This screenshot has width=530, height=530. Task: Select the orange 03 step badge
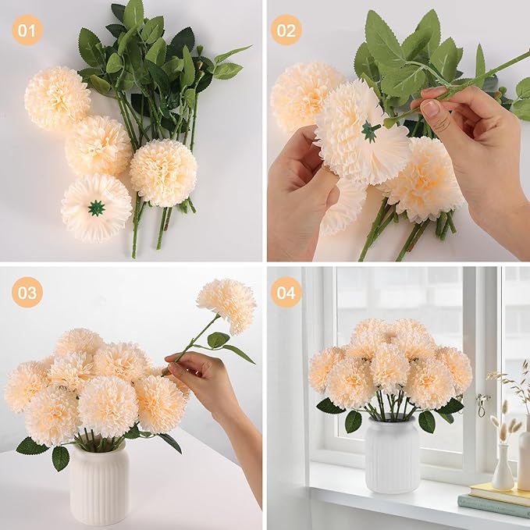click(27, 292)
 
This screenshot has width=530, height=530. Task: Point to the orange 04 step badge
click(286, 292)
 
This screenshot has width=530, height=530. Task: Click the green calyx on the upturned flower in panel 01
click(96, 208)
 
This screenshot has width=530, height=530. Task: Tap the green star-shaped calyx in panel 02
click(368, 131)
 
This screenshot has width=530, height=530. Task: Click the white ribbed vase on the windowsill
click(392, 454)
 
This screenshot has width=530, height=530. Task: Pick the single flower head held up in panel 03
click(226, 305)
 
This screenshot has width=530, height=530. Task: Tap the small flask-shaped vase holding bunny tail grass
click(502, 468)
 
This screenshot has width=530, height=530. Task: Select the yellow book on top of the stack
click(500, 493)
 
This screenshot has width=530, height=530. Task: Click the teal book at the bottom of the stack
click(493, 506)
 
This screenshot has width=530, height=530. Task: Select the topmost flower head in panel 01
click(57, 98)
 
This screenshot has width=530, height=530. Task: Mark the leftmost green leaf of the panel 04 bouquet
click(329, 406)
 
